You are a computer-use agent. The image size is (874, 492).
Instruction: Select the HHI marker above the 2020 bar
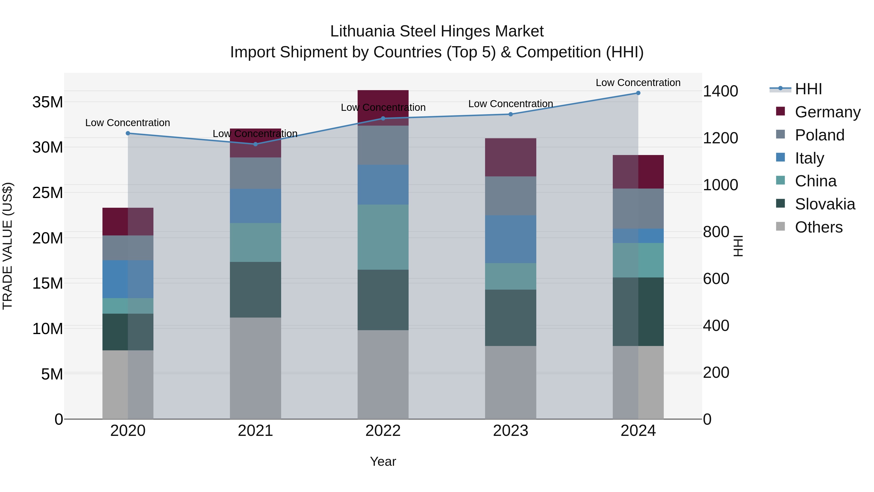click(128, 133)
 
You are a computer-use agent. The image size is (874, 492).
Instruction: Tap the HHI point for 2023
click(511, 114)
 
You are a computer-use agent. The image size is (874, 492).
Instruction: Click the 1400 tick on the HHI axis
click(720, 91)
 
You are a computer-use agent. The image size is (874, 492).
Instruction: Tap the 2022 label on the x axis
click(383, 431)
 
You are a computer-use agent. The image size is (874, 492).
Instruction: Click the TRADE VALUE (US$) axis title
click(8, 246)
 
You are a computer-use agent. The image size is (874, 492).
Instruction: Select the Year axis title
click(383, 461)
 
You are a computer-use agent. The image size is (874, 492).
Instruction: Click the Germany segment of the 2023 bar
click(511, 157)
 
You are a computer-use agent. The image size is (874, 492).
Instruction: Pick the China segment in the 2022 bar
click(383, 237)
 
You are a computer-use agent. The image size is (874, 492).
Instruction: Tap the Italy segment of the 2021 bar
click(255, 206)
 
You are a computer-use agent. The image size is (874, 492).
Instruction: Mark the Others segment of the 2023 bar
click(511, 382)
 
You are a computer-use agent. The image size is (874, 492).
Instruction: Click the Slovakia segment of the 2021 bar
click(255, 290)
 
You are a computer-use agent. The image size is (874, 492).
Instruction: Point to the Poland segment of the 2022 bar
click(383, 145)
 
